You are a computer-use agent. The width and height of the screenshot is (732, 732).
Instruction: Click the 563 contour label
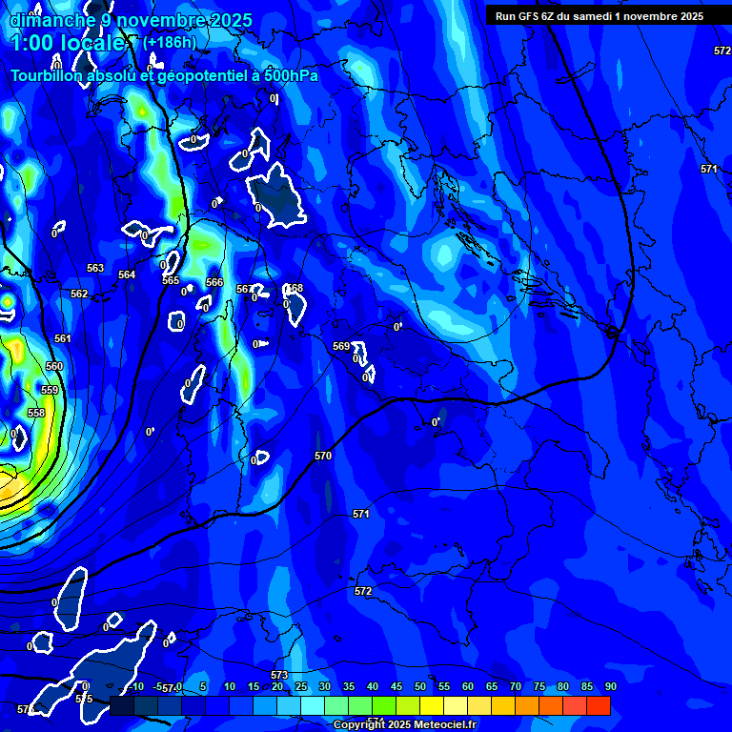tap(95, 269)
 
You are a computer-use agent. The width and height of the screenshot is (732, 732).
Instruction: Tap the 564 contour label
tap(127, 274)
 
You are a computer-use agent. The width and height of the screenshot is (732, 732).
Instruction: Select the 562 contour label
tap(79, 294)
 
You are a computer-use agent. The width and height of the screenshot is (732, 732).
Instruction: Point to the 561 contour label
tap(63, 339)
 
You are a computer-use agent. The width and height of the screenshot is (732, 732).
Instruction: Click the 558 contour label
tap(36, 413)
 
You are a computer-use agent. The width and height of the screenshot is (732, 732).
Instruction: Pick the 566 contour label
tap(214, 283)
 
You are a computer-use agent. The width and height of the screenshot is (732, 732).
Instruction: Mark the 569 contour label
tap(341, 346)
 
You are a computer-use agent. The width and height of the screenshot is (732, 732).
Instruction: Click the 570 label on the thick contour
tap(323, 457)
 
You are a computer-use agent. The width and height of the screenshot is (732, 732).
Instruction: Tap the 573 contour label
tap(279, 675)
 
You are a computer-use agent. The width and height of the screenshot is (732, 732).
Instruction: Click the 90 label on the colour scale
tap(610, 687)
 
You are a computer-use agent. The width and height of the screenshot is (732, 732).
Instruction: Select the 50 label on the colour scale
tap(419, 687)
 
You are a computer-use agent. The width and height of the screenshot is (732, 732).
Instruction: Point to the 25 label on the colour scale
tap(301, 687)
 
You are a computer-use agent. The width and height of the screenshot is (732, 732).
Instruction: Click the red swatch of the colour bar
tap(598, 705)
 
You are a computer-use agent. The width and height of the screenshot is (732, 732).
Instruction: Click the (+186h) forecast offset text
tap(170, 42)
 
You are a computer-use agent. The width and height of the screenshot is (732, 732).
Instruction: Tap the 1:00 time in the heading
tap(35, 43)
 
